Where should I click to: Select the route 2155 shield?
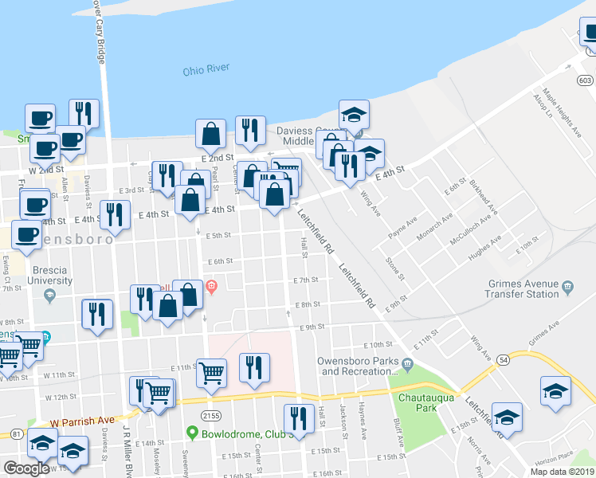211,415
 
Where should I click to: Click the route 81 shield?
17,434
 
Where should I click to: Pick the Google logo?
26,468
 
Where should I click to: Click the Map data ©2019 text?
562,472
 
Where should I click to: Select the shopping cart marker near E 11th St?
211,371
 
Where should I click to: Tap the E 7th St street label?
305,280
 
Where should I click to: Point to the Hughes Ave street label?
484,248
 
